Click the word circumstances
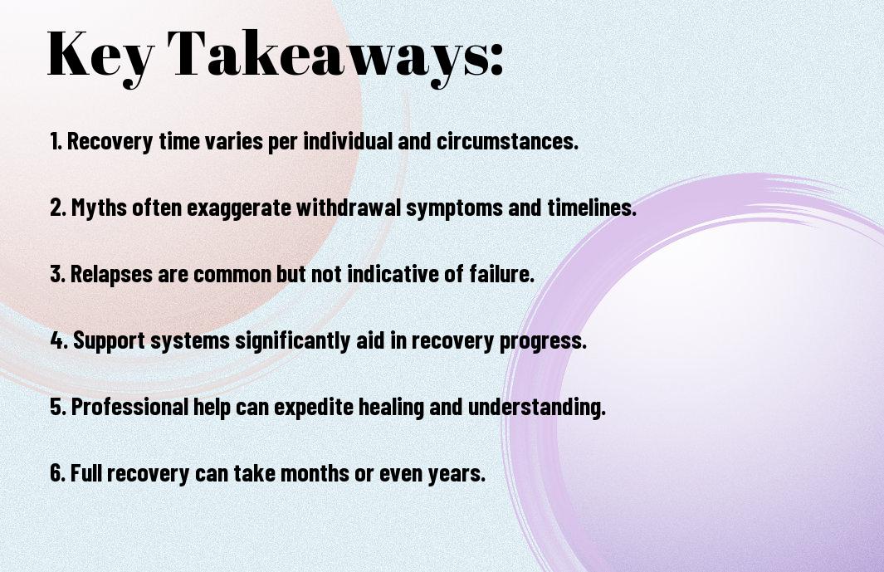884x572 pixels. click(x=507, y=141)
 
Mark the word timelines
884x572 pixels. click(x=592, y=208)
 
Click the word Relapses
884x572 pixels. click(x=111, y=274)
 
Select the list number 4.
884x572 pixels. click(x=59, y=340)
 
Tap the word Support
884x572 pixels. click(x=110, y=341)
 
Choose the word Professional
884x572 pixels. click(x=129, y=406)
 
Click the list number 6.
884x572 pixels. click(x=58, y=472)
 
